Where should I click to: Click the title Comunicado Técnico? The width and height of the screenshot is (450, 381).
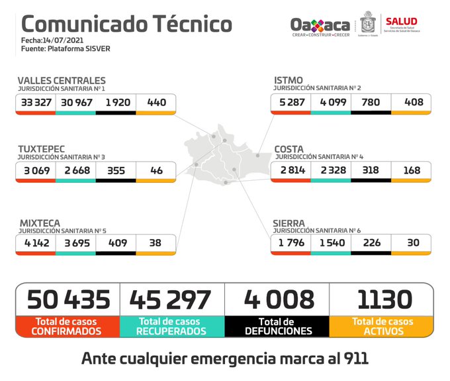tap(126, 24)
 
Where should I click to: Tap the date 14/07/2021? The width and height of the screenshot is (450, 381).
tap(61, 41)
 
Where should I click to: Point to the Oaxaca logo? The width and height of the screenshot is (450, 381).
tap(320, 26)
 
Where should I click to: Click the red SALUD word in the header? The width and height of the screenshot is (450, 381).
tap(401, 21)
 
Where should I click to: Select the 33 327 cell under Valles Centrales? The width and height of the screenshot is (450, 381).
tap(36, 103)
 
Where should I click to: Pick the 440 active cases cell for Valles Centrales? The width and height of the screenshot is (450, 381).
tap(156, 103)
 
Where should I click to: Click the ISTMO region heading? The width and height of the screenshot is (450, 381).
tap(289, 81)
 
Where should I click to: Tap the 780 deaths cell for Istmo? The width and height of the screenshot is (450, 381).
tap(371, 103)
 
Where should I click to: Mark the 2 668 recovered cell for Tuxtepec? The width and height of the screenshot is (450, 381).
tap(75, 172)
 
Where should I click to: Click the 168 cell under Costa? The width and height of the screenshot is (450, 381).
tap(411, 172)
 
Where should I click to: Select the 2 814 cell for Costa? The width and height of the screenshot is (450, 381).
tap(291, 172)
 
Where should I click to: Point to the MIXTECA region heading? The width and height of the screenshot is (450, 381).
tap(40, 224)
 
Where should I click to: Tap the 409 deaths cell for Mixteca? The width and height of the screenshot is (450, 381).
tap(116, 244)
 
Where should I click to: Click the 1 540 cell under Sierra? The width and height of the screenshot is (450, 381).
tap(331, 244)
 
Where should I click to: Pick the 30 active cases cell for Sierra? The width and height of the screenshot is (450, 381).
tap(411, 244)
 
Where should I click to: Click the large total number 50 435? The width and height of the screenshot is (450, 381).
tap(68, 299)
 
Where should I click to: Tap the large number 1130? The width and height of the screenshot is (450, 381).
tap(381, 299)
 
